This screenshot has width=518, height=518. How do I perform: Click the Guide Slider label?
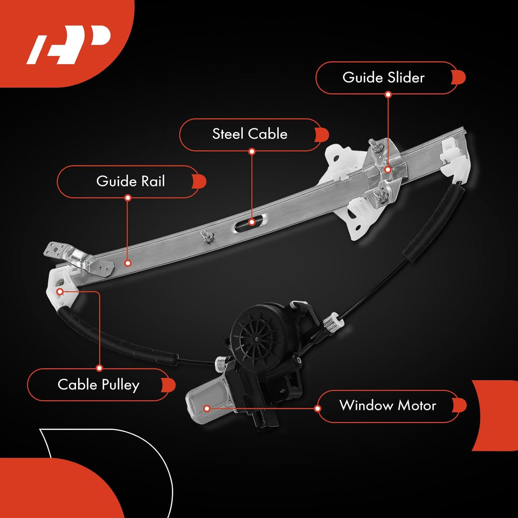(383, 78)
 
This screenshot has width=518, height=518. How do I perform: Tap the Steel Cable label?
(250, 134)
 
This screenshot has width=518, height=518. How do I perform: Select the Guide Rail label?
(130, 181)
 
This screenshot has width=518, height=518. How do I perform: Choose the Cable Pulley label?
(98, 385)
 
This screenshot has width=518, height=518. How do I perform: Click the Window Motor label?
(387, 405)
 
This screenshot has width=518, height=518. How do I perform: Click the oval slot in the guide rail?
(251, 222)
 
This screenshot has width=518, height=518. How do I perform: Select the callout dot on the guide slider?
(388, 170)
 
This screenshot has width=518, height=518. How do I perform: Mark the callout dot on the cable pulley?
(60, 292)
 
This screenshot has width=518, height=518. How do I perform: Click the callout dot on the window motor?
(207, 409)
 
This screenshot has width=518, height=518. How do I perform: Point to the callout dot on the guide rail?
(128, 263)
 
